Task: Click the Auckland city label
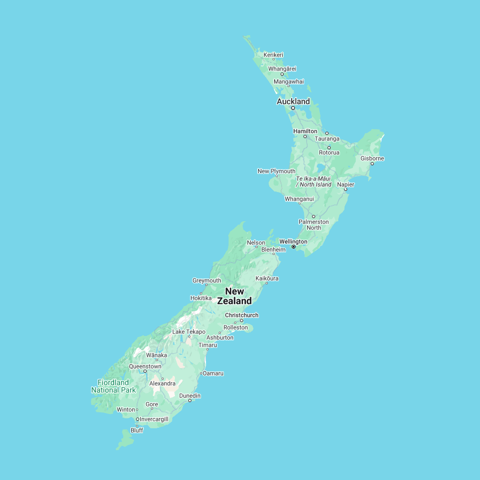click(x=293, y=101)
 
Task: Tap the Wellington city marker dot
click(x=293, y=247)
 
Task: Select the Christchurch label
click(x=242, y=315)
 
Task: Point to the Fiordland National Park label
click(x=113, y=386)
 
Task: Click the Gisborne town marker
click(x=372, y=164)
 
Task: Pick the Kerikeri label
click(x=273, y=54)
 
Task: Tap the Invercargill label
click(x=154, y=419)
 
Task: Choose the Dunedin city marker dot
click(x=189, y=401)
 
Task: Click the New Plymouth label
click(x=276, y=171)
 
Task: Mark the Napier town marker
click(x=345, y=189)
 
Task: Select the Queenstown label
click(x=145, y=366)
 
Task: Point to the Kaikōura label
click(x=267, y=278)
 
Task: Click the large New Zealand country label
click(x=235, y=296)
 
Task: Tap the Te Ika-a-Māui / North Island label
click(x=314, y=181)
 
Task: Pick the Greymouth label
click(x=206, y=281)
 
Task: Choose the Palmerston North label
click(x=314, y=225)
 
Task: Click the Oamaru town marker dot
click(x=201, y=373)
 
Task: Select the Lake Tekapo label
click(x=188, y=332)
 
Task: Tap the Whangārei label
click(x=282, y=69)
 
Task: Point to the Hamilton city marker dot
click(x=305, y=137)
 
